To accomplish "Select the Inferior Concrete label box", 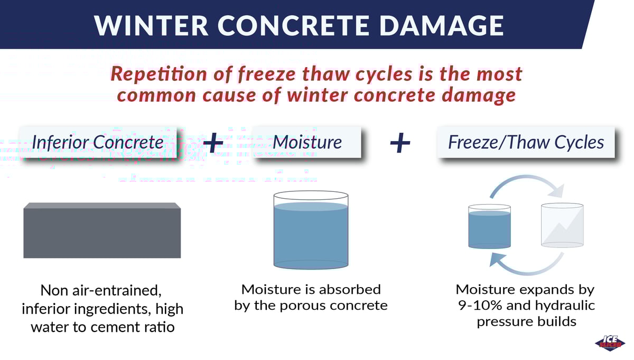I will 98,142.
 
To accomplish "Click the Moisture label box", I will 306,142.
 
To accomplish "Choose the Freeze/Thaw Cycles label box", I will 526,142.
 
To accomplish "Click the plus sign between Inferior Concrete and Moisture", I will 213,143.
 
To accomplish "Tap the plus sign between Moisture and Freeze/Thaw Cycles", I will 400,143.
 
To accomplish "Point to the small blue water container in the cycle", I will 489,227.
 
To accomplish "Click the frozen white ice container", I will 562,225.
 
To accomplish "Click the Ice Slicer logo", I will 610,342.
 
